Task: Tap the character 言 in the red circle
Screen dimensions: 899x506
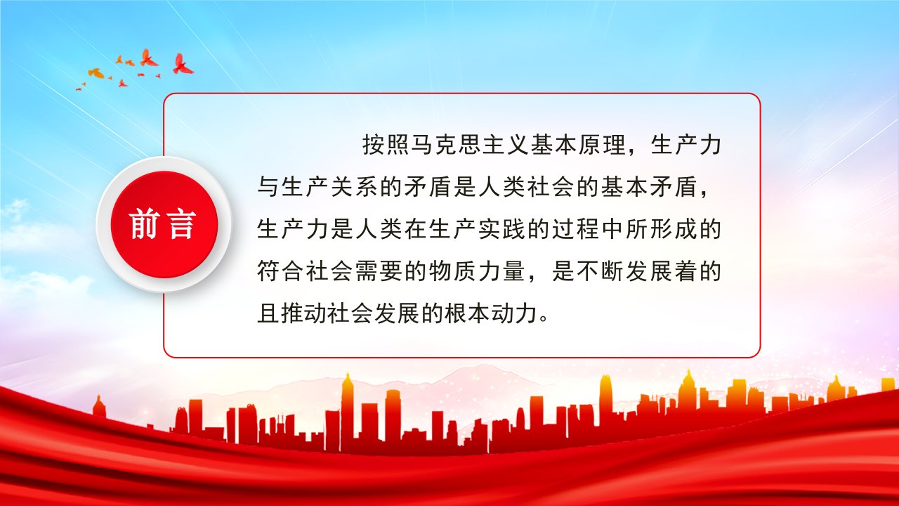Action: click(x=182, y=224)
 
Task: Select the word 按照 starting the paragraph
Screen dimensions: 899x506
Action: click(x=386, y=145)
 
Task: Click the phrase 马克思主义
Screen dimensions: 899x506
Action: click(x=470, y=145)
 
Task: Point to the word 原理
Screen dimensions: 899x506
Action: click(x=602, y=145)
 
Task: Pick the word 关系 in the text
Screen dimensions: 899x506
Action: click(x=354, y=188)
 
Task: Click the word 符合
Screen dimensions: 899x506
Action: click(x=280, y=271)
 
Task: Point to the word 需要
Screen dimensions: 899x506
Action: click(x=379, y=271)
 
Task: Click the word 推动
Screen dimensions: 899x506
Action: click(x=304, y=313)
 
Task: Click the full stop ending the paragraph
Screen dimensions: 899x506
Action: click(x=544, y=319)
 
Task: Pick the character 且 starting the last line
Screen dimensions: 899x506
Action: click(x=268, y=313)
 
